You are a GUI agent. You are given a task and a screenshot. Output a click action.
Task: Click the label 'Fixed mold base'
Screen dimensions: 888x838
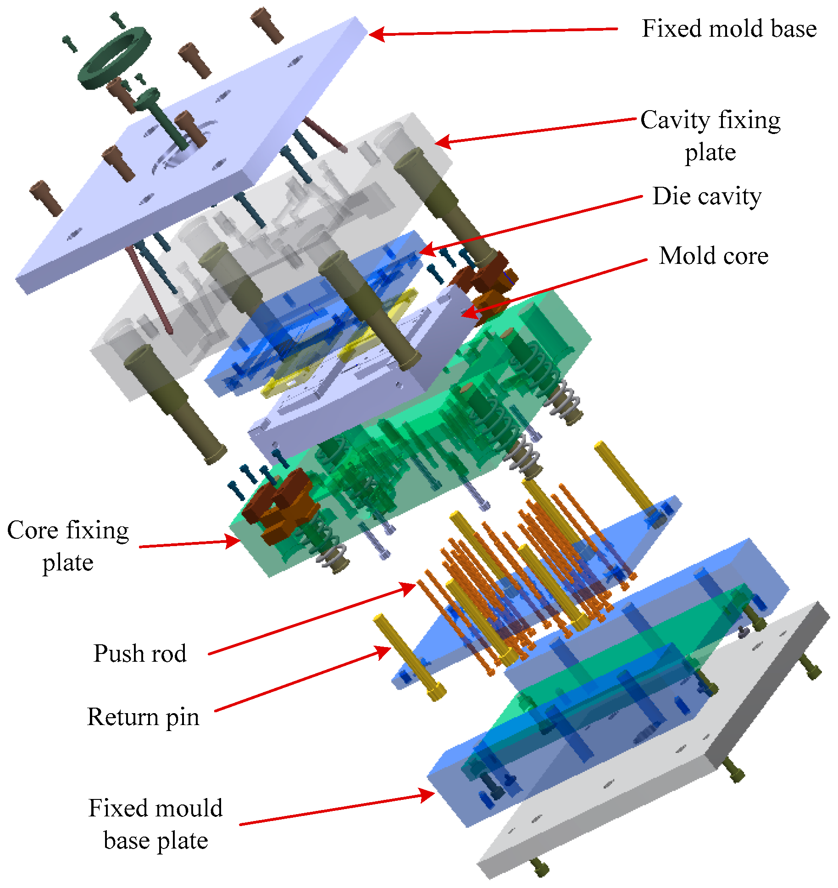pos(729,28)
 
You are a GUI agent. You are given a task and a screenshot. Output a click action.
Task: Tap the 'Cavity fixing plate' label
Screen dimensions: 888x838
pos(710,136)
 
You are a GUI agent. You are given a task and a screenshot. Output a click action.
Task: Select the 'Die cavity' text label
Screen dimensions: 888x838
pos(707,196)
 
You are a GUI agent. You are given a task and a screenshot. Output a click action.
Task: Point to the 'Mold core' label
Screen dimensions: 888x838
pos(713,256)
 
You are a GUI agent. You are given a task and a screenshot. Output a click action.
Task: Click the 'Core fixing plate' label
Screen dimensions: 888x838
pos(68,546)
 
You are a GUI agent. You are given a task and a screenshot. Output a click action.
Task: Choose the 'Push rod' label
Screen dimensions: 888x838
pos(140,653)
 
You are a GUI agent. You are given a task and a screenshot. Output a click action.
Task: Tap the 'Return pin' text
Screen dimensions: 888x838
pos(143,716)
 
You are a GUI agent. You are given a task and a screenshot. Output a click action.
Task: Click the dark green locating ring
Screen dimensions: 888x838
pos(115,57)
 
